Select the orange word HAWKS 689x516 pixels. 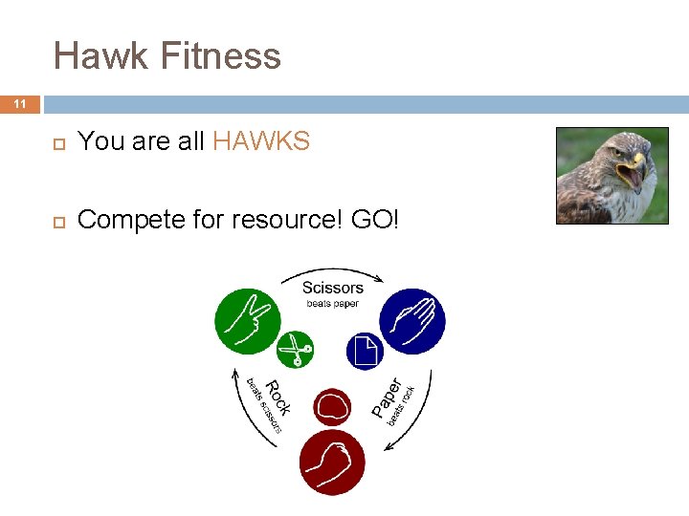click(x=261, y=141)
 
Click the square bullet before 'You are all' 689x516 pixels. click(x=57, y=143)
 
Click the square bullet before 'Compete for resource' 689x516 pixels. click(x=57, y=221)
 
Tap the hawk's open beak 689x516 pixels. click(x=633, y=175)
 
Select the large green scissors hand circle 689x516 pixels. click(x=248, y=321)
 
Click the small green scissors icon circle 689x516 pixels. click(x=296, y=350)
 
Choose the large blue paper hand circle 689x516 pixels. click(x=412, y=321)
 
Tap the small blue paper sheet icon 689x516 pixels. click(x=365, y=351)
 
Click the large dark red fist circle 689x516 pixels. click(x=331, y=462)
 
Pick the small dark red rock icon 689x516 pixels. click(x=331, y=408)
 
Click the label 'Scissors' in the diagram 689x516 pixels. click(x=332, y=288)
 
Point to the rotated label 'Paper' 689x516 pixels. click(x=388, y=397)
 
